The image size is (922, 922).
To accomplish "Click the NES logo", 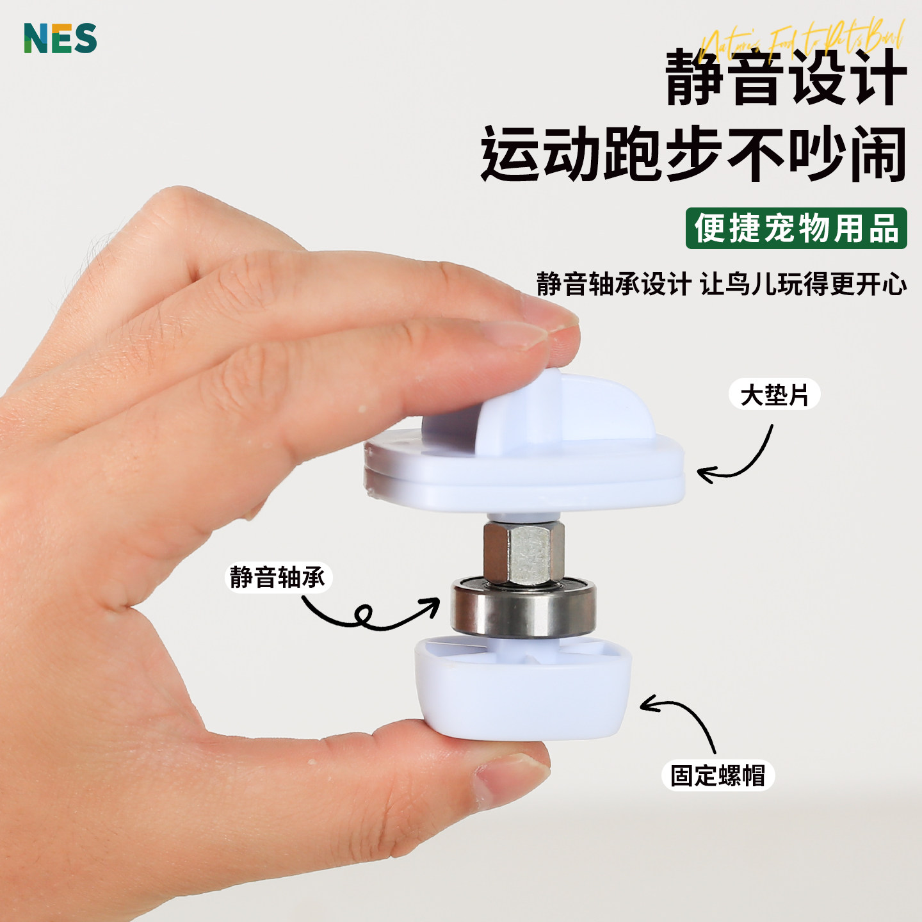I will (60, 38).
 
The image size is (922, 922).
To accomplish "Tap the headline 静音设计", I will (786, 78).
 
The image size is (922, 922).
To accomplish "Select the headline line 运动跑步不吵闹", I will (693, 154).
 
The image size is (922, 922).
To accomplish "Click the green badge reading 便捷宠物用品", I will (796, 228).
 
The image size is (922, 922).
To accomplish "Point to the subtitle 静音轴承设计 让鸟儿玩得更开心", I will (721, 284).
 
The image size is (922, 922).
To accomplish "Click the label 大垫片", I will (774, 394).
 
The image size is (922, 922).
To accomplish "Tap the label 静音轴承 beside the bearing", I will (278, 577).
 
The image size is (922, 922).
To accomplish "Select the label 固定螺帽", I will (718, 775).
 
